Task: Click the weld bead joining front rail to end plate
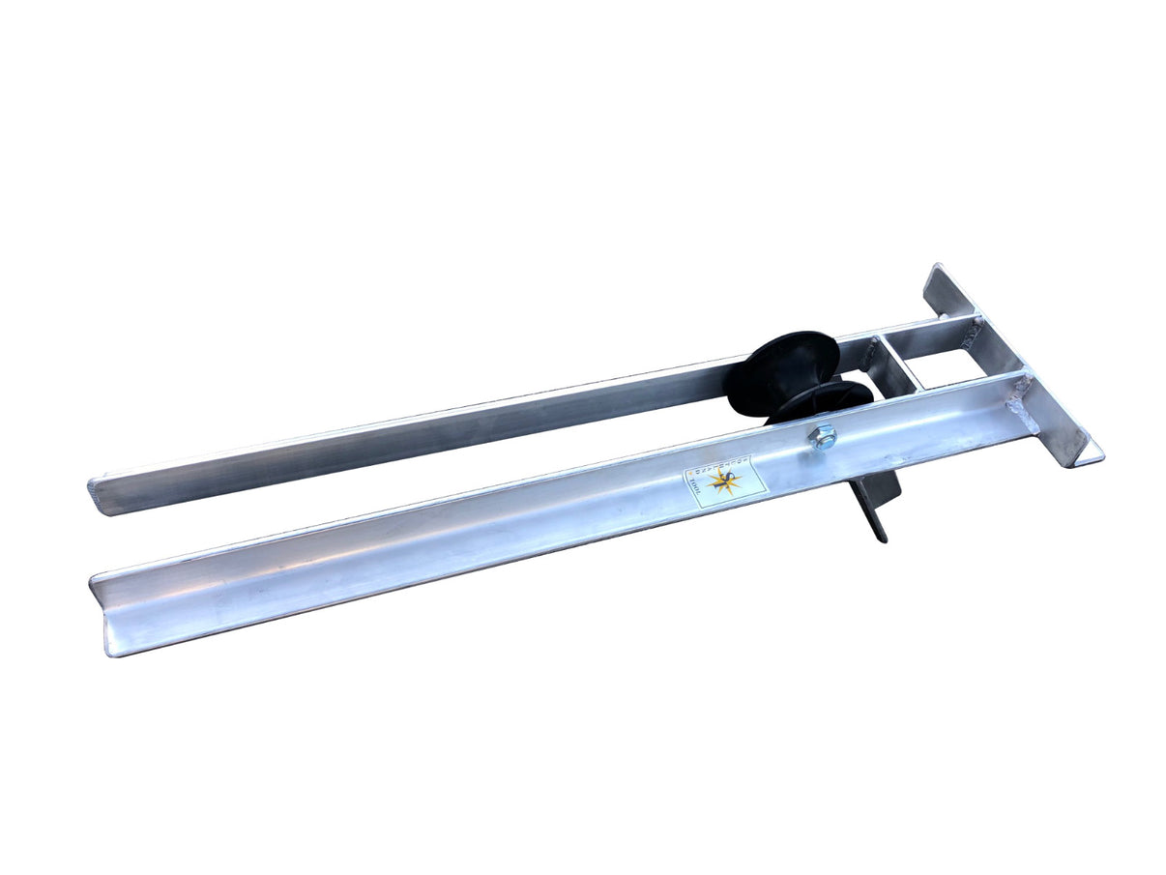pyautogui.click(x=1021, y=406)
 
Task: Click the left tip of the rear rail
pyautogui.click(x=94, y=494)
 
